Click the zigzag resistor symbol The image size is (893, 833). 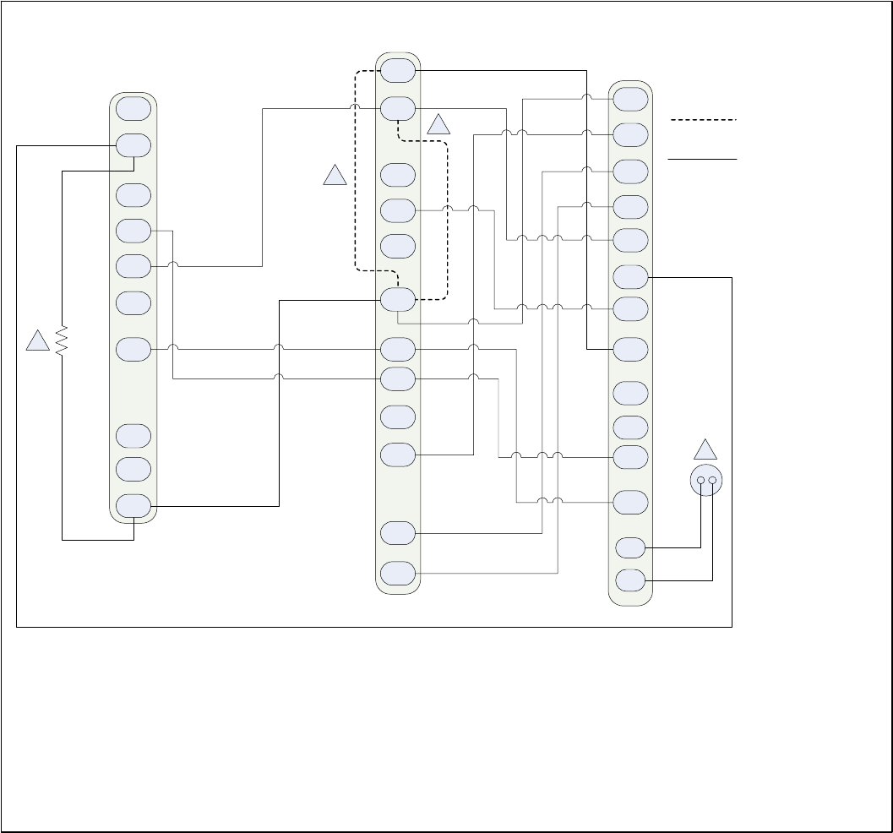(x=61, y=340)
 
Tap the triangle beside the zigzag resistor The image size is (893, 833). (x=37, y=341)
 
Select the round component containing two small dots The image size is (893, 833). (x=706, y=481)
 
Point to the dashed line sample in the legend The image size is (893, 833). (x=703, y=121)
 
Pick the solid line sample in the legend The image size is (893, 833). (x=703, y=158)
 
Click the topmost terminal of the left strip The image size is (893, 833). (x=133, y=109)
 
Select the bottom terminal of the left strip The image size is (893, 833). (x=133, y=506)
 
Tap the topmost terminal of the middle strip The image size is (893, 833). (x=397, y=70)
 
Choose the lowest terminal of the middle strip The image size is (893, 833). (x=397, y=573)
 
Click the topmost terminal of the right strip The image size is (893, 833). (x=630, y=99)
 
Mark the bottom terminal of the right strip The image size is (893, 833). (x=630, y=580)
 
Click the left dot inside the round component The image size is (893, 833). (x=700, y=481)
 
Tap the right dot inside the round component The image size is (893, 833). (x=712, y=481)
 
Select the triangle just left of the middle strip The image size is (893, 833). (x=335, y=176)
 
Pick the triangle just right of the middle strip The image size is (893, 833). (x=438, y=125)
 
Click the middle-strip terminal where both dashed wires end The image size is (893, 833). (x=397, y=300)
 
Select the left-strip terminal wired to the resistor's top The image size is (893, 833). (x=133, y=145)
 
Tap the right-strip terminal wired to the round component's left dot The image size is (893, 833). (x=630, y=547)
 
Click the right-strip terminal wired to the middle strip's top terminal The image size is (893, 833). (x=630, y=349)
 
